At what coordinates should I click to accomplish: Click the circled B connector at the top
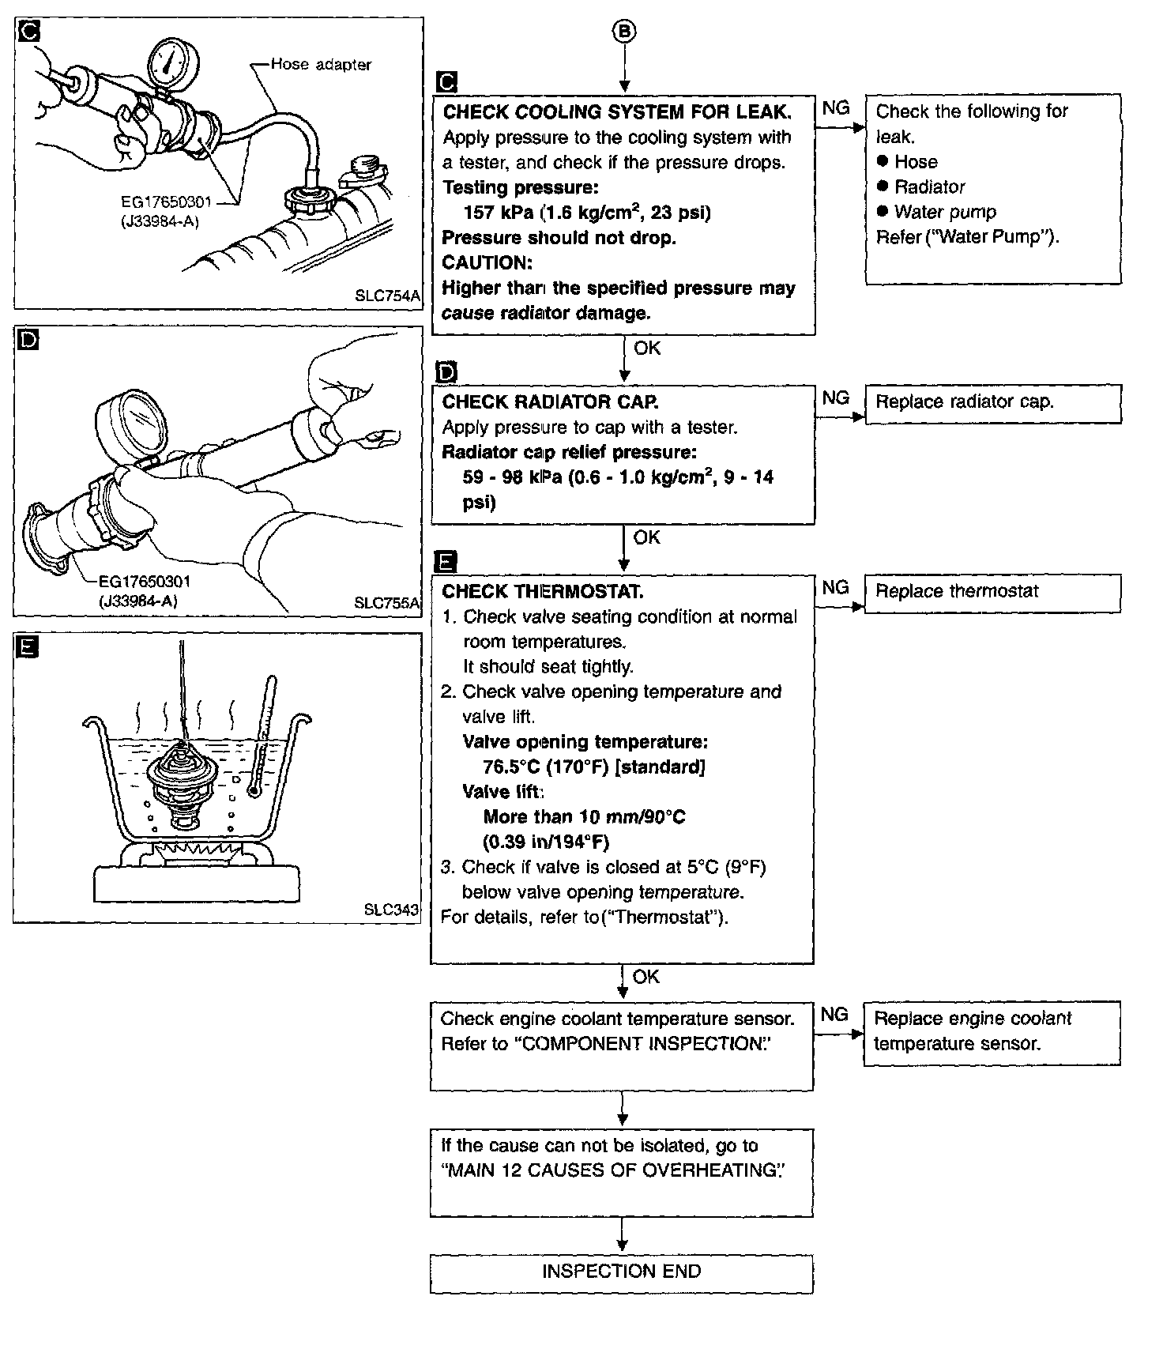pyautogui.click(x=624, y=32)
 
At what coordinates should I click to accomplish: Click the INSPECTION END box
pyautogui.click(x=621, y=1271)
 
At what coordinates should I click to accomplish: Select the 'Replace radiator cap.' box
pyautogui.click(x=993, y=403)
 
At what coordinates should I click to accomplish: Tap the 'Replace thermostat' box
pyautogui.click(x=993, y=593)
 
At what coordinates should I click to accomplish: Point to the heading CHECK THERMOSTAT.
pyautogui.click(x=543, y=592)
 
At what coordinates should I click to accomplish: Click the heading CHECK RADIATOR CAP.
pyautogui.click(x=551, y=402)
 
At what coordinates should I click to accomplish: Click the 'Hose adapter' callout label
pyautogui.click(x=321, y=65)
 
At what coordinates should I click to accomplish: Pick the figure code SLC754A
pyautogui.click(x=388, y=296)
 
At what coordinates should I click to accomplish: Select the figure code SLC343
pyautogui.click(x=391, y=910)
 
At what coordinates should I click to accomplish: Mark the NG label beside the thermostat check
pyautogui.click(x=835, y=588)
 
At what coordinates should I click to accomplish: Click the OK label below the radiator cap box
pyautogui.click(x=646, y=537)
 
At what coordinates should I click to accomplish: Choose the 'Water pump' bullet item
pyautogui.click(x=945, y=213)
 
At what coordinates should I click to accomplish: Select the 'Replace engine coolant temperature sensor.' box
pyautogui.click(x=992, y=1032)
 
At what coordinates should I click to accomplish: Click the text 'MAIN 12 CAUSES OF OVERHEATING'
pyautogui.click(x=615, y=1170)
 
